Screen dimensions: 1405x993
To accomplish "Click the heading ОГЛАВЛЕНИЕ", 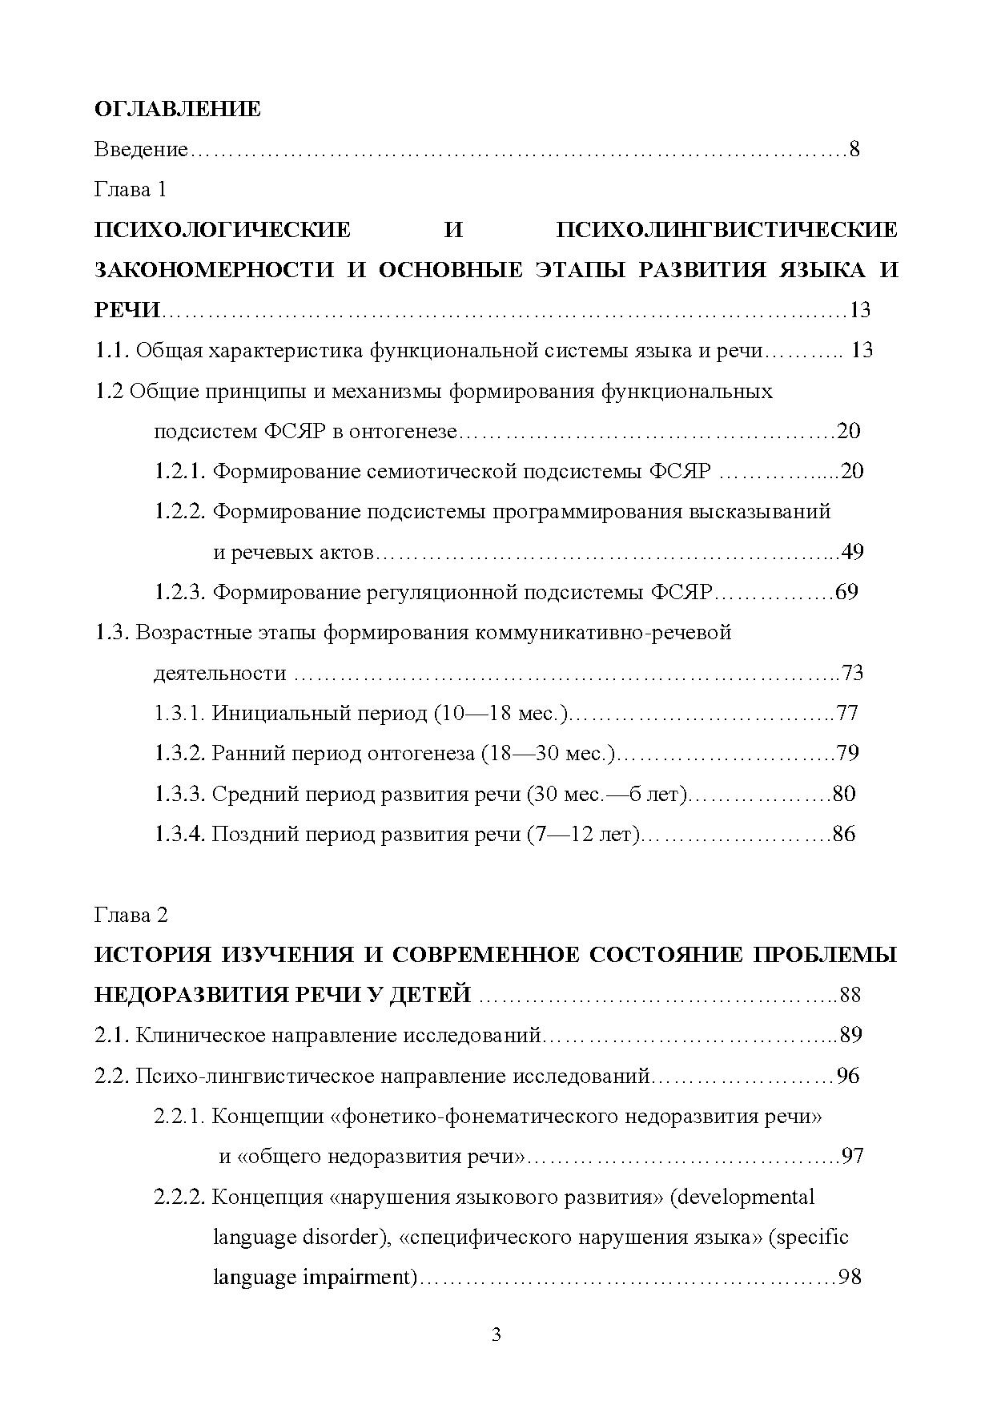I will (x=177, y=109).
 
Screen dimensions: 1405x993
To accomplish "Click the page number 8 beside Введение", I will (x=854, y=150).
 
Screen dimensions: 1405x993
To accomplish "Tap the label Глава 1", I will (x=131, y=190).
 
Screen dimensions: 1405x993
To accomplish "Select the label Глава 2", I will (x=131, y=915).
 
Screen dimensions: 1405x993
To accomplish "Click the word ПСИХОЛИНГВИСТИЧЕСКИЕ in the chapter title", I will (x=726, y=231).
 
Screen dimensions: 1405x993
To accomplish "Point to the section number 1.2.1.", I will (x=180, y=471).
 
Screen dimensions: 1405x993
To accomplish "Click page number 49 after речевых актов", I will (x=852, y=552).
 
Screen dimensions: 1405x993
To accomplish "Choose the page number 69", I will (x=846, y=593).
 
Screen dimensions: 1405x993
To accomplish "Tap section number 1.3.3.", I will (x=180, y=794).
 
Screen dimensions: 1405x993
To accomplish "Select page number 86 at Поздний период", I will (x=844, y=834).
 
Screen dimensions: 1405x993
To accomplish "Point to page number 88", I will (x=850, y=996).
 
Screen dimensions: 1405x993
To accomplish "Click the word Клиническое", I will (x=200, y=1036).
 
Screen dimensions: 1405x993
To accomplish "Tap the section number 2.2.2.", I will (x=180, y=1198).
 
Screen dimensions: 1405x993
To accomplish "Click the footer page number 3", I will (x=496, y=1335).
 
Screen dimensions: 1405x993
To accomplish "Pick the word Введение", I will (x=141, y=150).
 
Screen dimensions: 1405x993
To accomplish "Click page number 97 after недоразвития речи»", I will (x=852, y=1157).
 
